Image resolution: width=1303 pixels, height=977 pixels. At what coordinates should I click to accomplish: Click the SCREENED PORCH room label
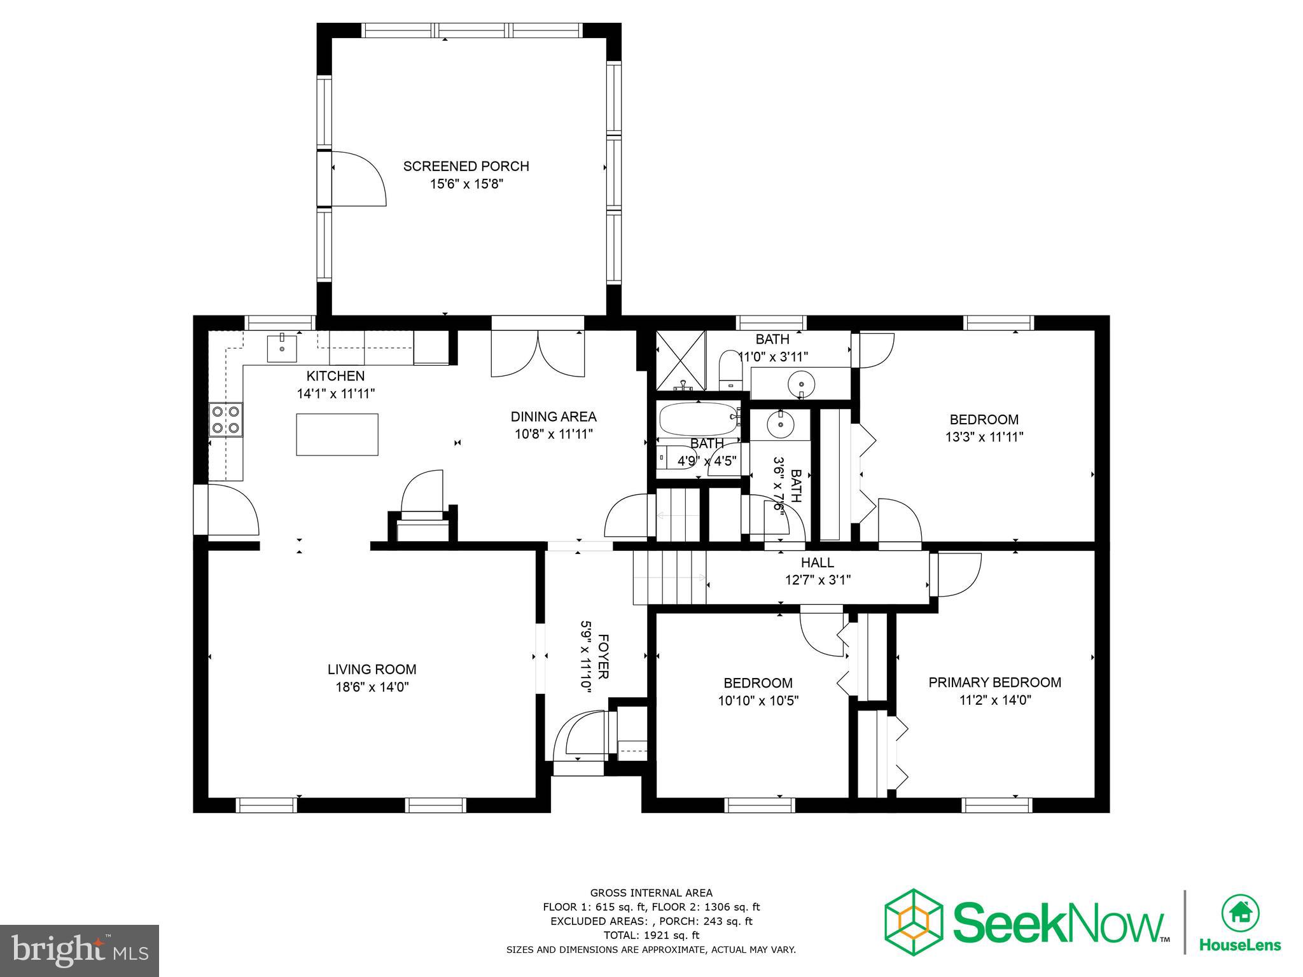point(466,166)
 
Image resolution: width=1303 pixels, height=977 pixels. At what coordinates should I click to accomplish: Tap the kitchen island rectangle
point(337,434)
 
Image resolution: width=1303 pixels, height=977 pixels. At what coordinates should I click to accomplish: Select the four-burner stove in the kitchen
point(226,420)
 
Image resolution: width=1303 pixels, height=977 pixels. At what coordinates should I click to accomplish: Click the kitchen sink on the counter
point(282,348)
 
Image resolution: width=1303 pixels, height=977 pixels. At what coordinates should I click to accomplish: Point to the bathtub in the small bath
point(698,419)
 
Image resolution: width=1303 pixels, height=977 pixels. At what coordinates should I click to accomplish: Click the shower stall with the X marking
point(681,360)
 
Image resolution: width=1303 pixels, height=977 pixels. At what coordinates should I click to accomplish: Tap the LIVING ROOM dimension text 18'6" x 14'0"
point(372,687)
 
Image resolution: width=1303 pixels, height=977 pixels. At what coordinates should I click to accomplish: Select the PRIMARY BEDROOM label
point(994,683)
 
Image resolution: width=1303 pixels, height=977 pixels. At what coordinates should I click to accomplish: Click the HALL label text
point(817,562)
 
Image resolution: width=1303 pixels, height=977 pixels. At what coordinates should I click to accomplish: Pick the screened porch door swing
point(358,179)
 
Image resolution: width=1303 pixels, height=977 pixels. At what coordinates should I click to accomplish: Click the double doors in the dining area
point(538,355)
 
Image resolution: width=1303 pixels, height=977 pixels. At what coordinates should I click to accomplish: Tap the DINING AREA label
point(554,417)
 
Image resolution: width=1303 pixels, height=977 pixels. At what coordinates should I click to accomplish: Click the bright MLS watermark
point(80,950)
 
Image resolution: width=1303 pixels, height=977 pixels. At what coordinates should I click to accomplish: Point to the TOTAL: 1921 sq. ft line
point(651,935)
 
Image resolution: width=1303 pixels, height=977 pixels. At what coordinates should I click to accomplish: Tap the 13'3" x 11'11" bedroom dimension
point(984,437)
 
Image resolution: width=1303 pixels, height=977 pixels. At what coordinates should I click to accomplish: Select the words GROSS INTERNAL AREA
point(651,893)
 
